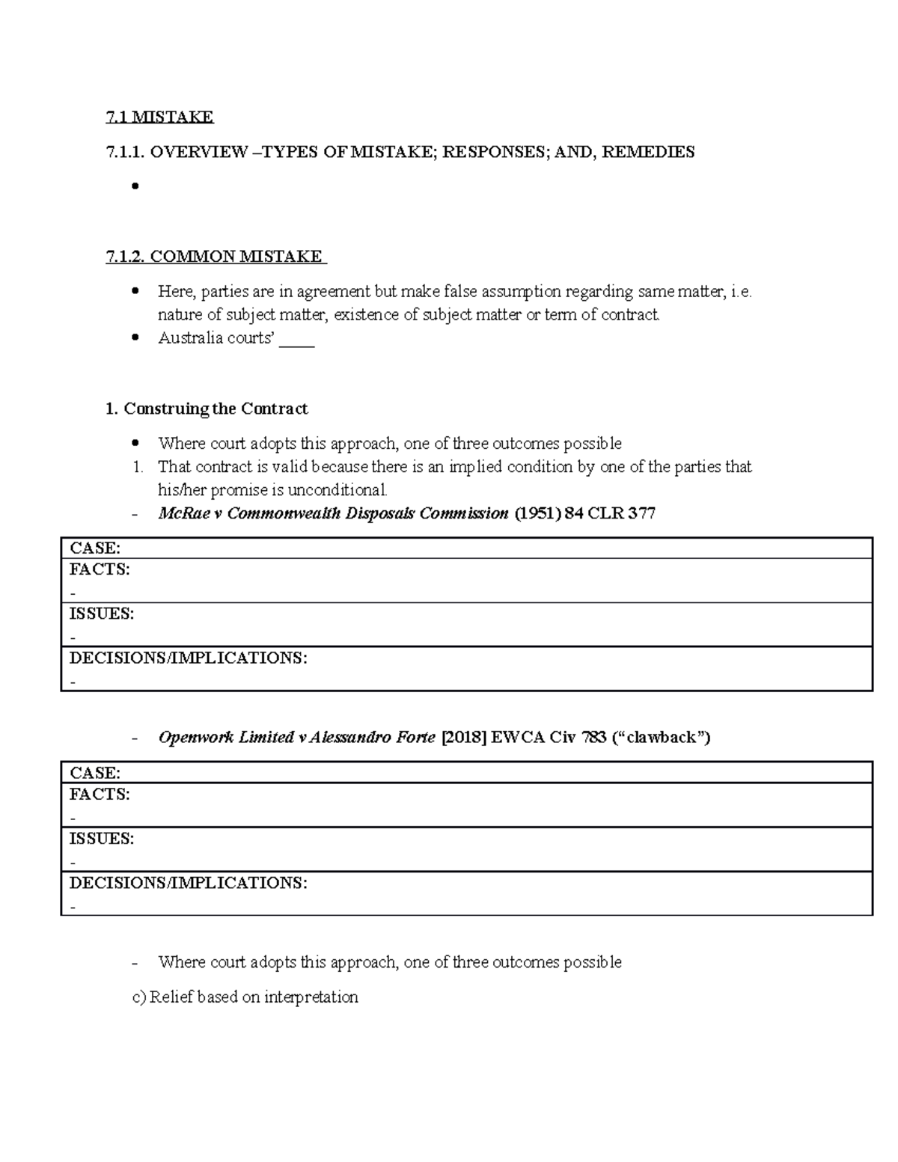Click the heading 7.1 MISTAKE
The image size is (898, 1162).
(159, 117)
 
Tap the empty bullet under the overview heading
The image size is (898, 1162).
(135, 186)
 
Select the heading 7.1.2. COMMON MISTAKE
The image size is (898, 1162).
(216, 257)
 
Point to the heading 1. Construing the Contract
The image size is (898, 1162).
(207, 409)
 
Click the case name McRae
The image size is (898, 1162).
(180, 513)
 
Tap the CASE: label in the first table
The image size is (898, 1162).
(94, 548)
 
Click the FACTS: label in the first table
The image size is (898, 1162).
(100, 569)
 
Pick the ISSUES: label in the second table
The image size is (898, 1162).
(102, 839)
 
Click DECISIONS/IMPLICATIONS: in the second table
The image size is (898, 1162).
(188, 883)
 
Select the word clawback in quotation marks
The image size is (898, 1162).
(662, 738)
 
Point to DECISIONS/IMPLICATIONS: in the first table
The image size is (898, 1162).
(188, 658)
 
